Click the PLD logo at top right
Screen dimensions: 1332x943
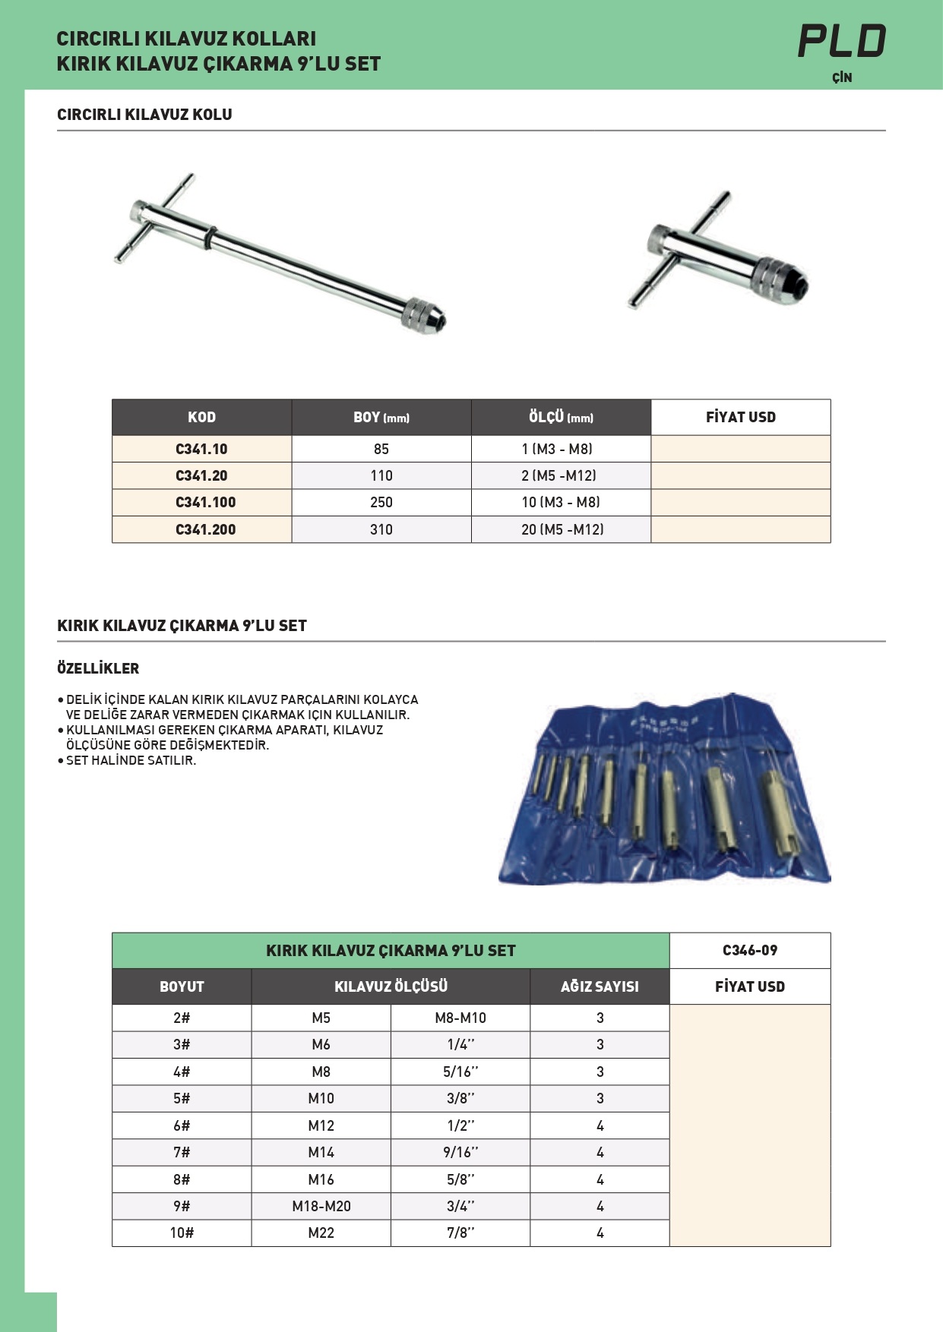pos(842,42)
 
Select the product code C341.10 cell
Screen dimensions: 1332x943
pos(201,449)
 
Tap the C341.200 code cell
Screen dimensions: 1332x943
pos(205,529)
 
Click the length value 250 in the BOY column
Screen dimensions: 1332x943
pos(381,502)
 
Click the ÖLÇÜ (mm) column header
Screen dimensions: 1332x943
pos(561,417)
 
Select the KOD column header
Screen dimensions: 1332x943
pos(201,417)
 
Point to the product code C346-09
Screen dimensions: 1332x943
pos(749,950)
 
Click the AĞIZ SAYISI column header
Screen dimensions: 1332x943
pos(600,986)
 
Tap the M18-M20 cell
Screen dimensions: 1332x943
pos(321,1206)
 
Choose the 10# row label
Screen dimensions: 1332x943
pos(182,1233)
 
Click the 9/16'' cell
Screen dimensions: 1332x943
pos(460,1152)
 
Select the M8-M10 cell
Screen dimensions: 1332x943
pos(460,1018)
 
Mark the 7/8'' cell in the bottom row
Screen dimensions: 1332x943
pos(460,1233)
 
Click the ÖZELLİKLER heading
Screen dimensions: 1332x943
pos(98,668)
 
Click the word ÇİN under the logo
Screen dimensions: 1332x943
pos(842,77)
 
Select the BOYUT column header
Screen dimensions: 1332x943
pos(182,986)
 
